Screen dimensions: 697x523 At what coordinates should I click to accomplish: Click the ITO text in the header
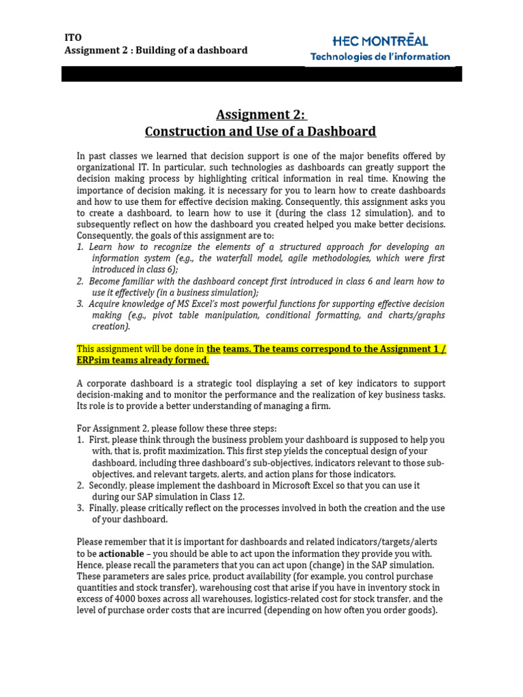[x=72, y=37]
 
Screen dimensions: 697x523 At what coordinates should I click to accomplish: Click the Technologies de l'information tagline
[x=380, y=57]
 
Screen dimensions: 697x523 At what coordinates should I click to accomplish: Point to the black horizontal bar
[x=261, y=74]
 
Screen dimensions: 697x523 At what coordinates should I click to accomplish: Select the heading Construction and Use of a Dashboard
[x=261, y=131]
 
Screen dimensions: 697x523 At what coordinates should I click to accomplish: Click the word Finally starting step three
[x=105, y=508]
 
